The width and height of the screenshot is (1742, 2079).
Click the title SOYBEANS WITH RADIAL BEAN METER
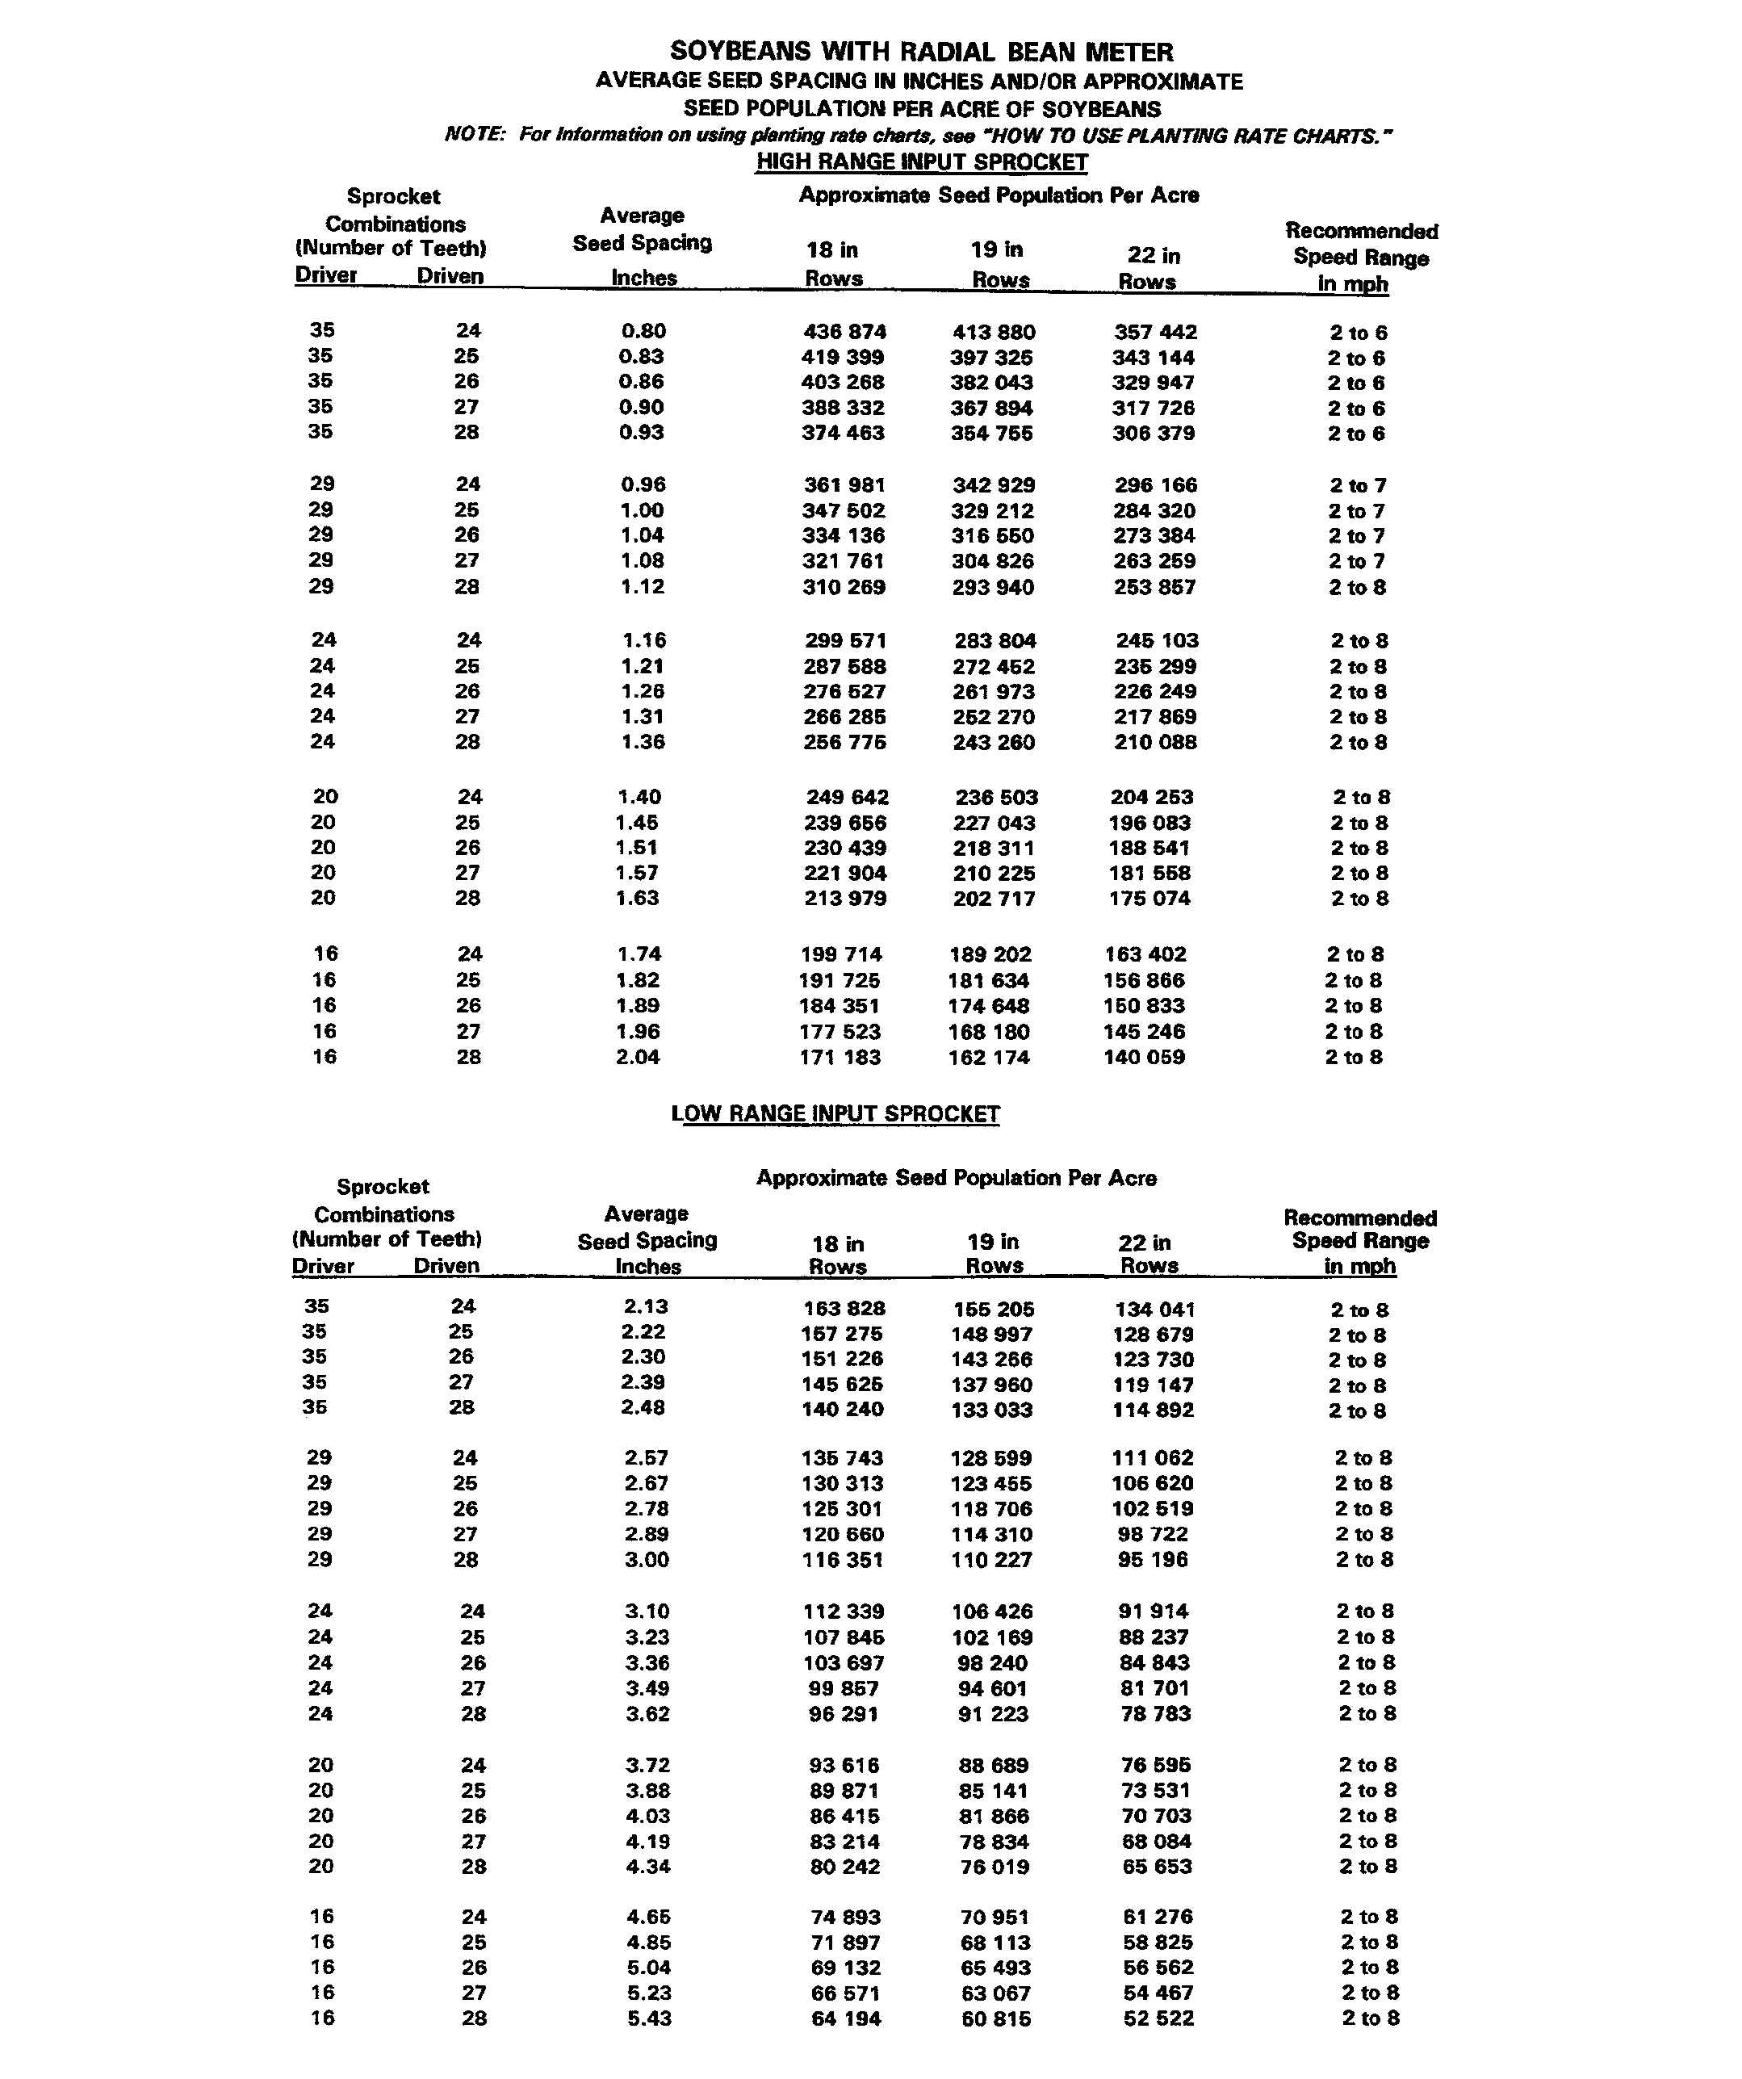922,52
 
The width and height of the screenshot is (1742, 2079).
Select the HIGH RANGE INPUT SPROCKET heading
922,162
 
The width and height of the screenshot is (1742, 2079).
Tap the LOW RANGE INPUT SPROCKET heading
835,1113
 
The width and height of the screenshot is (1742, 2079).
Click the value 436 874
844,333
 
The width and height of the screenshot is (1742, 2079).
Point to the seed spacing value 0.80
643,332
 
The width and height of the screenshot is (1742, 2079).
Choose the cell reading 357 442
1155,333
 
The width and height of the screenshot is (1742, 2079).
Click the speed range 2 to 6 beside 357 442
1357,333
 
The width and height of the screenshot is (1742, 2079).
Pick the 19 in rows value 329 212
994,511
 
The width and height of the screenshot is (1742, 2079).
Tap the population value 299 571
844,640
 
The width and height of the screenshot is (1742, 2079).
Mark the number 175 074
1151,899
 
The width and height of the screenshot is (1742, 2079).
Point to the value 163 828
844,1309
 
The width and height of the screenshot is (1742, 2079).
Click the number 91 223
994,1714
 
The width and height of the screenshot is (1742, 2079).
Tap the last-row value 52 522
1159,2018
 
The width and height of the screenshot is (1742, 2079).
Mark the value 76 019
995,1867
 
